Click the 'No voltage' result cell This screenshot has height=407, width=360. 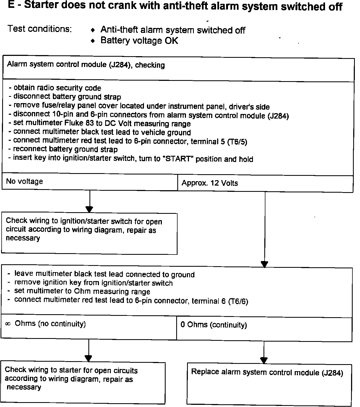(x=89, y=182)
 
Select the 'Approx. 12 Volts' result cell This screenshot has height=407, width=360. (x=265, y=183)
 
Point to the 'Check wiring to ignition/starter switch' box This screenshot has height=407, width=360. (x=89, y=233)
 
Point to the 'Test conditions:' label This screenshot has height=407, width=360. (x=40, y=28)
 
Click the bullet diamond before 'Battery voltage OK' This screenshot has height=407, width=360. (x=93, y=41)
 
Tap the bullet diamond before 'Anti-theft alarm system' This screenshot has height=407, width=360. (x=93, y=30)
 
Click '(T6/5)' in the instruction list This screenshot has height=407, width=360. (x=237, y=142)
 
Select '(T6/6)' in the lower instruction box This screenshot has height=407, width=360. (x=238, y=301)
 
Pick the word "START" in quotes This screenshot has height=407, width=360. (x=178, y=159)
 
